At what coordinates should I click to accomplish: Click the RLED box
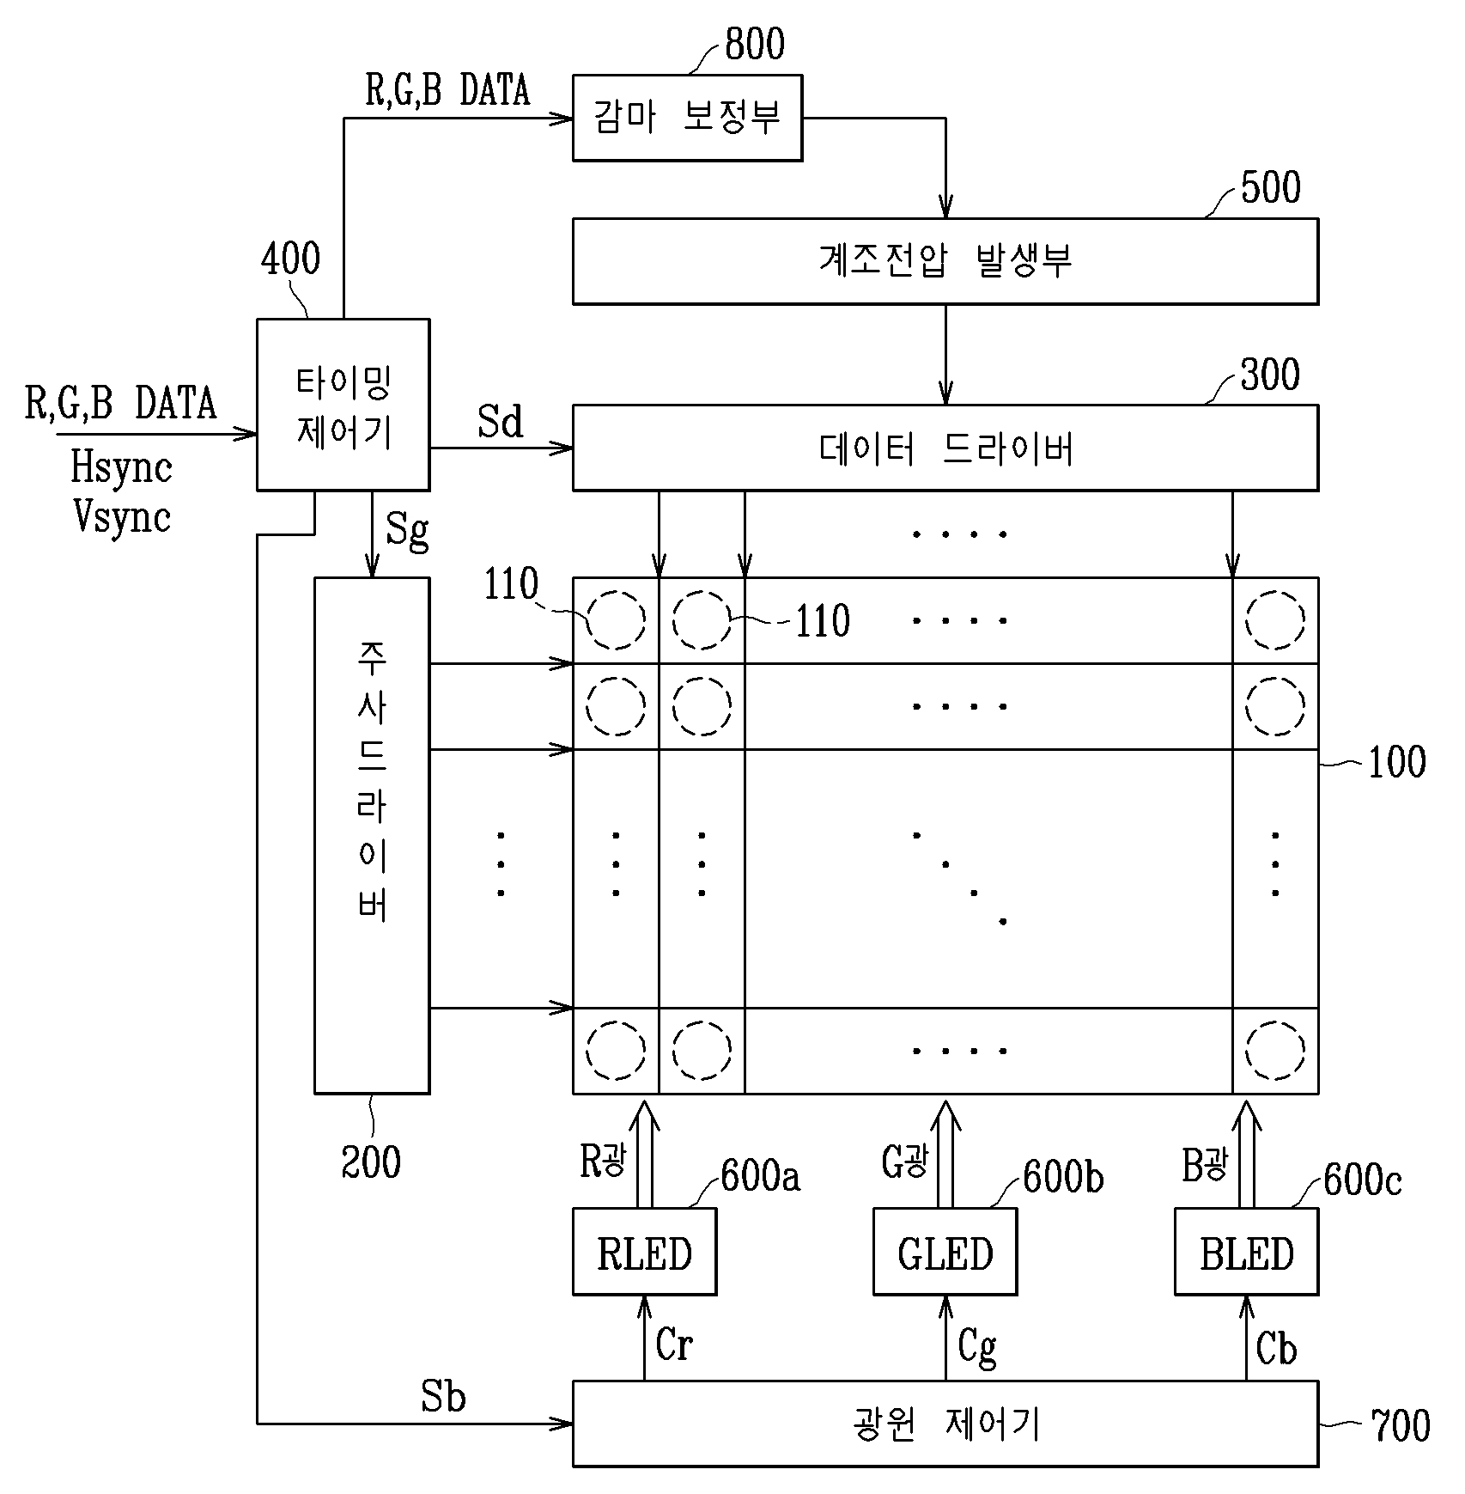coord(644,1251)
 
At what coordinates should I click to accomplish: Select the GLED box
coord(945,1251)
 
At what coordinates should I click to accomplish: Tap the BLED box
coord(1246,1251)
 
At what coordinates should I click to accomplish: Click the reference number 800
coord(754,45)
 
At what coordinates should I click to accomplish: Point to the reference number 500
coord(1270,187)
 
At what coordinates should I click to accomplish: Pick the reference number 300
coord(1270,375)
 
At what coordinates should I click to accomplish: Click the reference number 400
coord(290,259)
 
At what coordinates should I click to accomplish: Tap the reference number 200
coord(371,1162)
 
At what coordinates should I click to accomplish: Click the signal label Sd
coord(500,422)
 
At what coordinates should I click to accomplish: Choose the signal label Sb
coord(443,1397)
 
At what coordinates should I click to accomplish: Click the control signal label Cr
coord(673,1345)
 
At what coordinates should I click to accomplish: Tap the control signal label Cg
coord(977,1347)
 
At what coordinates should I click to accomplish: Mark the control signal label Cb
coord(1276,1349)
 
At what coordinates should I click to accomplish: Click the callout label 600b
coord(1063,1177)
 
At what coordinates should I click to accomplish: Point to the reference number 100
coord(1396,762)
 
